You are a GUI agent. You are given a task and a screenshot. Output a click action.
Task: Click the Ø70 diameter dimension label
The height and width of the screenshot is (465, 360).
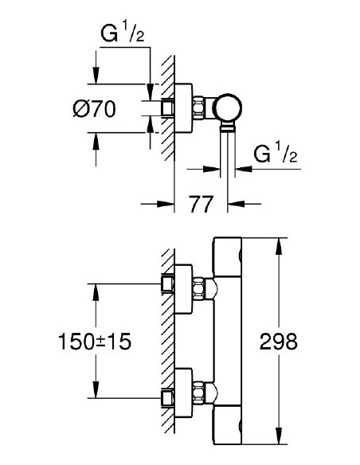click(x=92, y=110)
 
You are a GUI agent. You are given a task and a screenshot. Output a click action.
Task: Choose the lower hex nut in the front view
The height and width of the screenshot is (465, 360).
click(x=210, y=392)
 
